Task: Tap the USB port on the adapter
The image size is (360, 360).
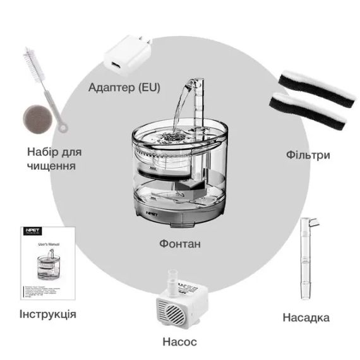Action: (116, 66)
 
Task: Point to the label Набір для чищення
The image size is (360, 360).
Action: (54, 159)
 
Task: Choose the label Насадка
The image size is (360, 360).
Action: (306, 317)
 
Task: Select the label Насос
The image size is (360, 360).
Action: (179, 342)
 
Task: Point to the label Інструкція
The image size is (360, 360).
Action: (48, 314)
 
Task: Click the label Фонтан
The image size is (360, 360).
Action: (181, 243)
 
